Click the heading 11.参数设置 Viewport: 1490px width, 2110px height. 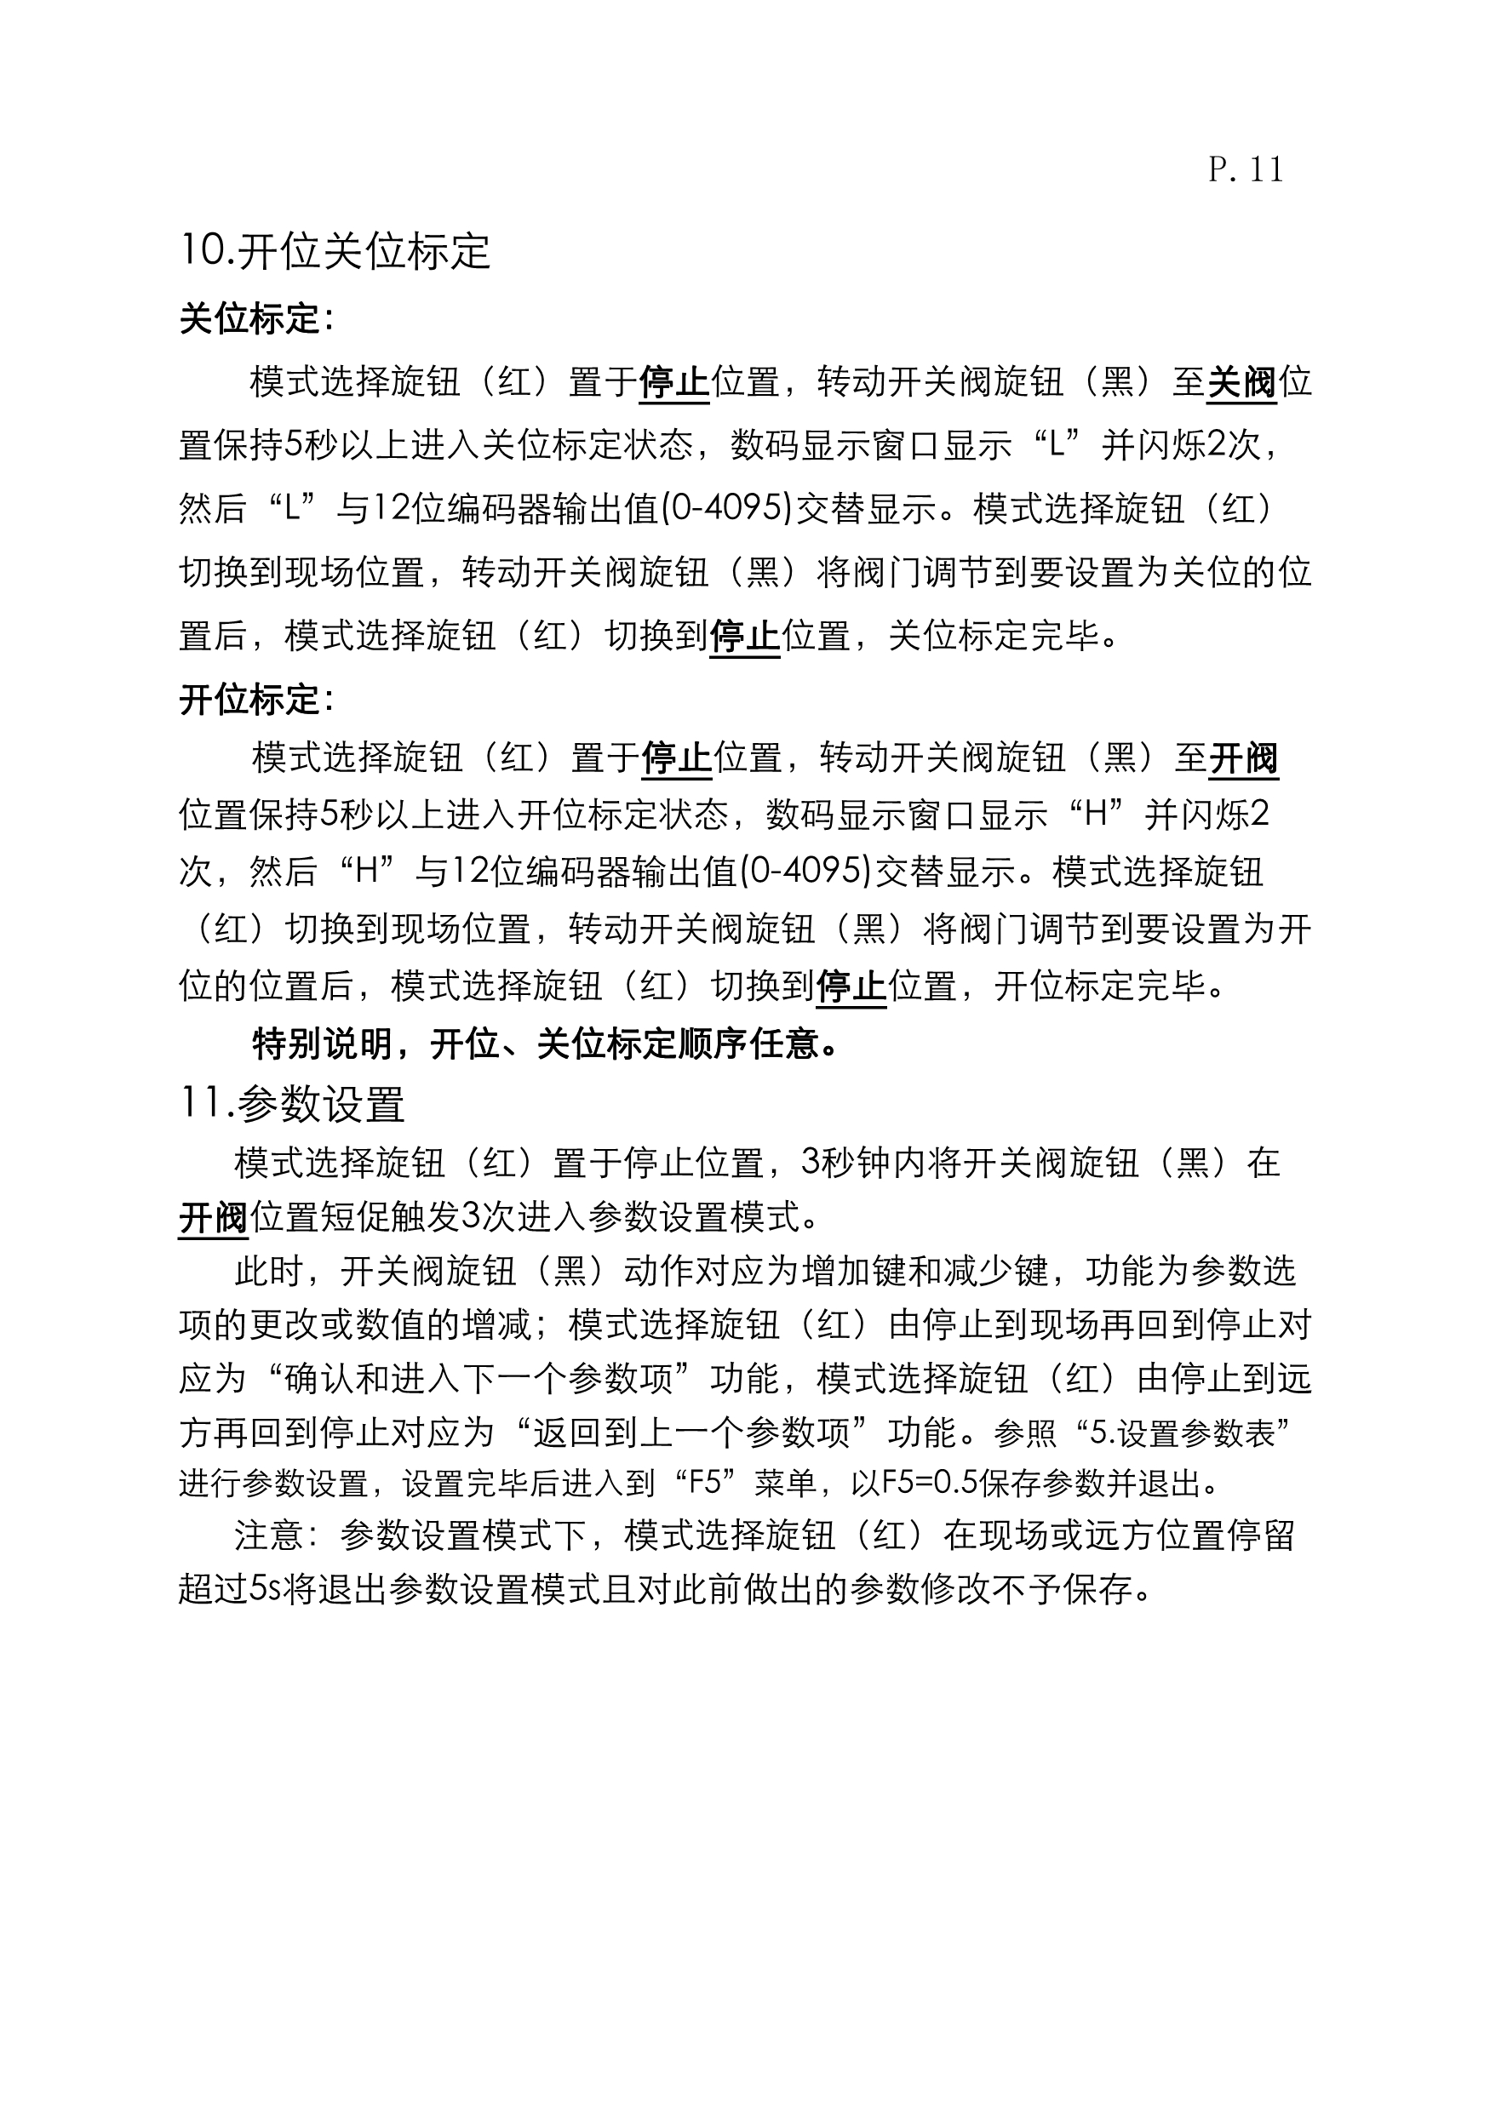point(292,1104)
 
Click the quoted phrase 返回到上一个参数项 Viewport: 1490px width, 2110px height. point(694,1432)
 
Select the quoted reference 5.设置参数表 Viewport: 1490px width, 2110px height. point(1183,1432)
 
